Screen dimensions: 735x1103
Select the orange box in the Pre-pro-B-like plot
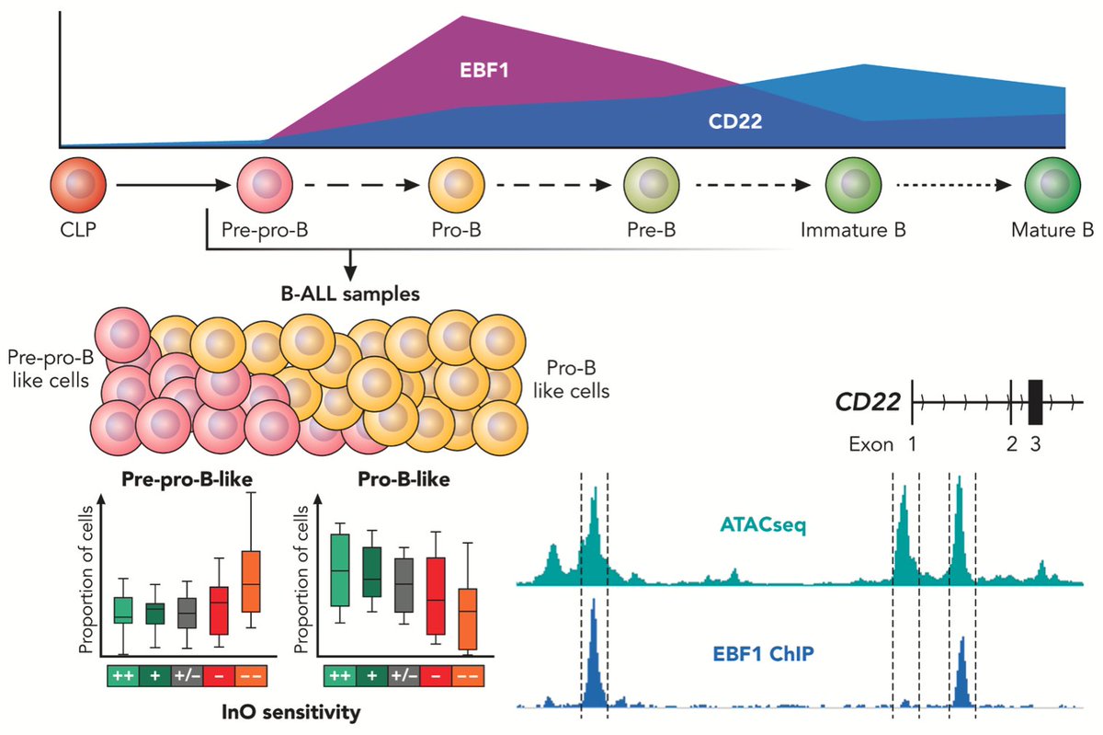click(250, 581)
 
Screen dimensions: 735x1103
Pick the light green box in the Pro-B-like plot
click(340, 569)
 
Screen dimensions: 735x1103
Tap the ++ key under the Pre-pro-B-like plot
click(123, 675)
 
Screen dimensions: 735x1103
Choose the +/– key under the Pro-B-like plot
click(404, 675)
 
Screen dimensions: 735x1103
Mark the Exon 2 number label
click(1012, 445)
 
